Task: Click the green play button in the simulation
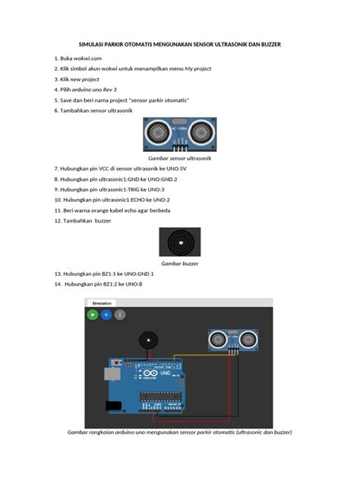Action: coord(93,313)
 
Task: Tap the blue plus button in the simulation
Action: coord(106,313)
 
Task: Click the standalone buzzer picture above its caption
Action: coord(179,242)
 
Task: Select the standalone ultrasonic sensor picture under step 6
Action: coord(179,134)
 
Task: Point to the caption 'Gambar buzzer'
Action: coord(179,263)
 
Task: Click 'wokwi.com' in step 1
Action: coord(87,58)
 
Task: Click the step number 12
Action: coord(58,220)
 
